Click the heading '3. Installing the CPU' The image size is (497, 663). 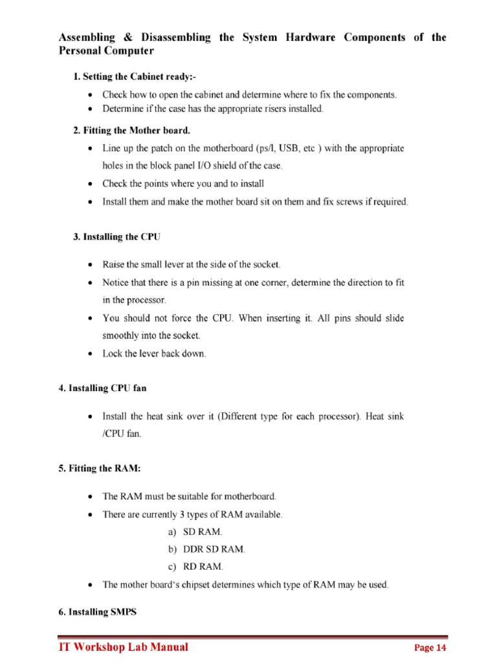coord(116,237)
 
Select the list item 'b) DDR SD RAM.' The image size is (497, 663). coord(206,550)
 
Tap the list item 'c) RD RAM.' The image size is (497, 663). coord(195,567)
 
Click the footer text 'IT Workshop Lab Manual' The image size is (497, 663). coord(124,647)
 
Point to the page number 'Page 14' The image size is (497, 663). coord(430,648)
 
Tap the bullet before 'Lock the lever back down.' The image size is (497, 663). coord(89,354)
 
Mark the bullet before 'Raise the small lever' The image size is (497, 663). coord(89,265)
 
